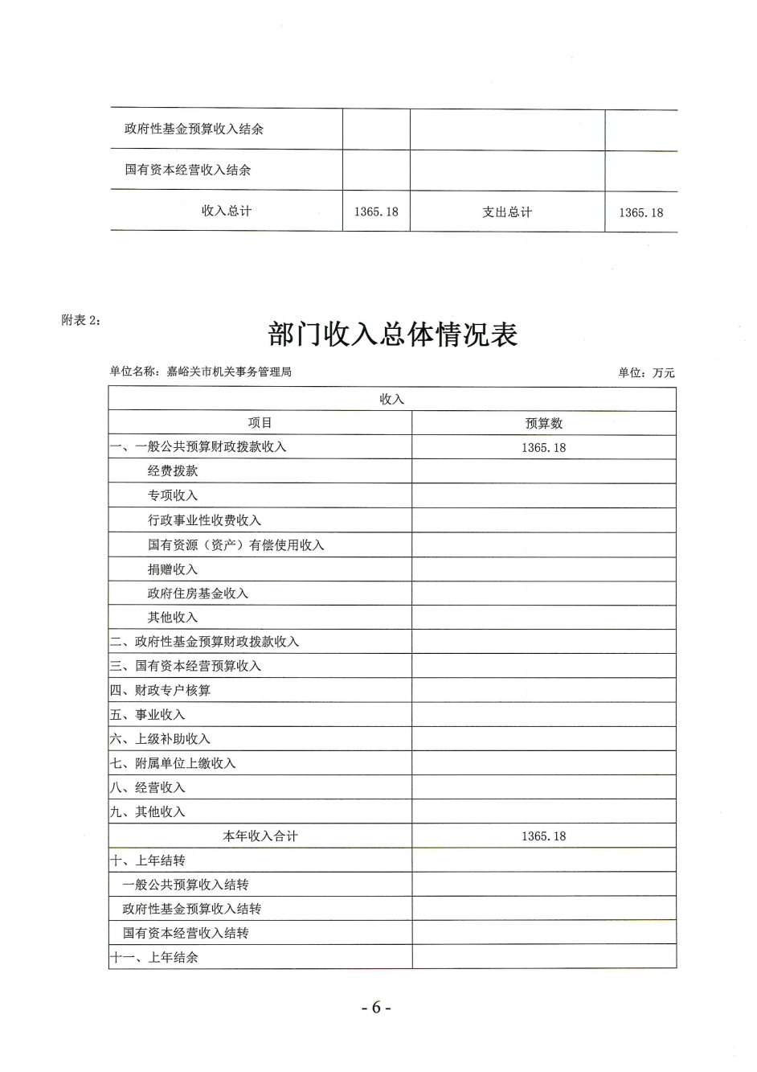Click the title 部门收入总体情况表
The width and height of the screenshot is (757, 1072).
(x=393, y=335)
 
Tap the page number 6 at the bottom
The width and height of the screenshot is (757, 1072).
(x=375, y=1008)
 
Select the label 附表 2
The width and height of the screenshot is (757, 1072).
(x=81, y=319)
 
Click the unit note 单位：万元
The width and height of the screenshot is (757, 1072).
(x=646, y=372)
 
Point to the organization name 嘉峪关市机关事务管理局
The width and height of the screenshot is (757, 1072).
(x=229, y=372)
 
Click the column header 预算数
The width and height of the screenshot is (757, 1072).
(x=544, y=424)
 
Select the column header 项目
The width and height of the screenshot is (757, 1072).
(x=260, y=423)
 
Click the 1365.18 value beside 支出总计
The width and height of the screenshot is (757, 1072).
(x=640, y=212)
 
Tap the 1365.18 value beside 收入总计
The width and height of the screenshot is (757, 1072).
(x=376, y=212)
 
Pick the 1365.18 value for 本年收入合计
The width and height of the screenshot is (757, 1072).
(x=543, y=836)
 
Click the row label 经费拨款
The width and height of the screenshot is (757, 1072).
(x=173, y=471)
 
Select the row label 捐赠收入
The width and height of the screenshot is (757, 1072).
(x=173, y=569)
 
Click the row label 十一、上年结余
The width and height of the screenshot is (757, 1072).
(x=153, y=958)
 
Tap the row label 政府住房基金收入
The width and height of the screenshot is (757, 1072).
(x=198, y=594)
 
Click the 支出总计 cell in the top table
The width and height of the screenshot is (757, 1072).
(x=507, y=212)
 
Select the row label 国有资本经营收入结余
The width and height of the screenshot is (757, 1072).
(x=187, y=170)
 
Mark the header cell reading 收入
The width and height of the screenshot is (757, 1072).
(x=392, y=400)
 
